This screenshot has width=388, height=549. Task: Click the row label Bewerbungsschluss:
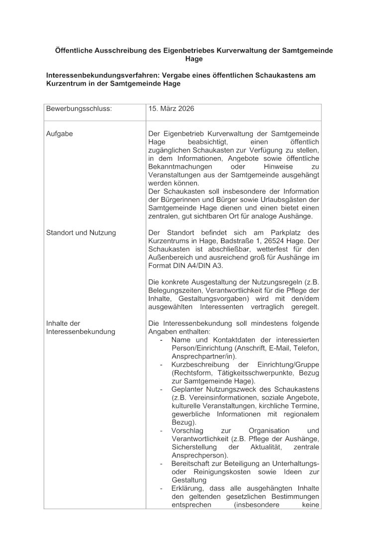79,108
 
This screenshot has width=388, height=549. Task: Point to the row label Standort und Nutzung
81,232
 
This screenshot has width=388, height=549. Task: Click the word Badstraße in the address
226,241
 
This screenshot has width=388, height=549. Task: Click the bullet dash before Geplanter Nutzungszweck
162,389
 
